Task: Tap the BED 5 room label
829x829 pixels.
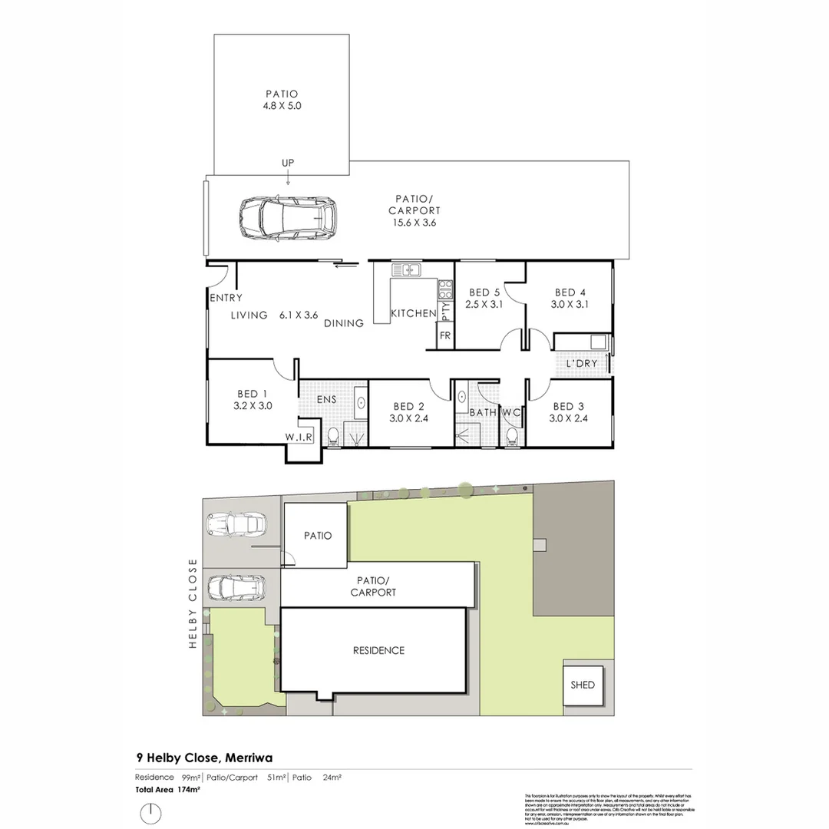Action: pos(484,292)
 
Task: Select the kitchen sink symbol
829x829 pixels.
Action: pos(406,269)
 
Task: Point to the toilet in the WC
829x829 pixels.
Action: pos(512,437)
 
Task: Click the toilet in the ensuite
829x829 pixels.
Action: pos(332,438)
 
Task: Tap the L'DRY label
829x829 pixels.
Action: pos(581,363)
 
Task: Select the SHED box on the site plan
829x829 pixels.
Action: pos(583,685)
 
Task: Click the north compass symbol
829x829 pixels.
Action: pos(152,813)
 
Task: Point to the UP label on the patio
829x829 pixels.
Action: pos(288,163)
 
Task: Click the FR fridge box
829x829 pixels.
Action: pos(444,335)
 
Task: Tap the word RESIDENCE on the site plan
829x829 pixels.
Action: pos(378,650)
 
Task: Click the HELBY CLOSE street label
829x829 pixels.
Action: pos(193,603)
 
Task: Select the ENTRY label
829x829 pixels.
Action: pos(226,298)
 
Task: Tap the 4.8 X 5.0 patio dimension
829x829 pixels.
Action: pos(282,107)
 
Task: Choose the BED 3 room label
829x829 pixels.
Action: pos(569,406)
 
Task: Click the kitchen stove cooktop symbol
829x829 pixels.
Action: pos(444,289)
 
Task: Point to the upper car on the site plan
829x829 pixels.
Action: pos(236,525)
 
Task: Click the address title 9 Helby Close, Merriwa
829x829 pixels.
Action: pos(203,758)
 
